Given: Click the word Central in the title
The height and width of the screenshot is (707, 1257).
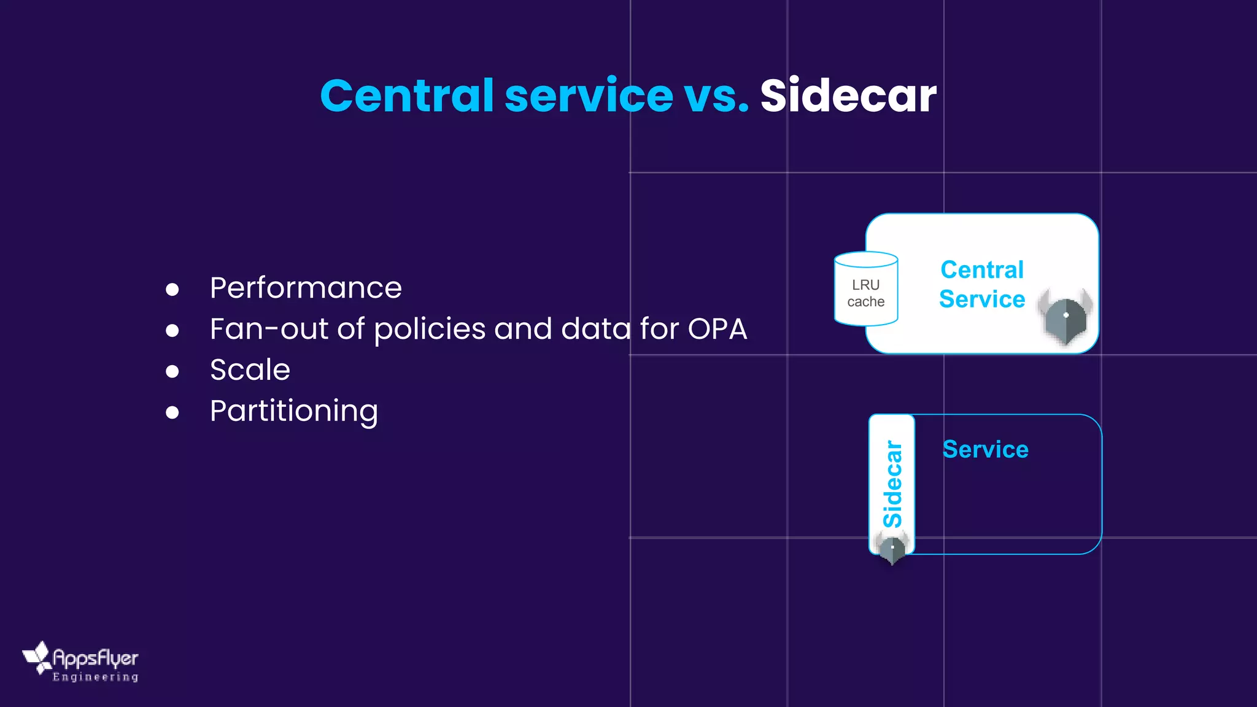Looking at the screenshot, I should [406, 96].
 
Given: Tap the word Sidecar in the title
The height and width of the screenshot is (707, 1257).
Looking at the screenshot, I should [848, 96].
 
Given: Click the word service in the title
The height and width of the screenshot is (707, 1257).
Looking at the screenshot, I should [589, 96].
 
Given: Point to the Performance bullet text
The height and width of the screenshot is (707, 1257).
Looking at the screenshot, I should [306, 288].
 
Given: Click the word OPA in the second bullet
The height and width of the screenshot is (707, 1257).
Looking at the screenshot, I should [717, 329].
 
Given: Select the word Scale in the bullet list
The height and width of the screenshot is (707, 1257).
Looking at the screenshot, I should [250, 370].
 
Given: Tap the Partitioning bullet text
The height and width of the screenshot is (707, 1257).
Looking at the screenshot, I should [293, 411].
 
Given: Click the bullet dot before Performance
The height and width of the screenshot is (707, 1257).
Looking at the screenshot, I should [172, 290].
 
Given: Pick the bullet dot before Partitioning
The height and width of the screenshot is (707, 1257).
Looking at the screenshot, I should [172, 412].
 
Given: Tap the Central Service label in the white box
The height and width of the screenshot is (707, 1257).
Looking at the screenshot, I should [982, 284].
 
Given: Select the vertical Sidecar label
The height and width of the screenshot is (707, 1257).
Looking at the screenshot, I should [892, 484].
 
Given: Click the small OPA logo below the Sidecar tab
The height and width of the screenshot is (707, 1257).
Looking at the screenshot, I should [892, 548].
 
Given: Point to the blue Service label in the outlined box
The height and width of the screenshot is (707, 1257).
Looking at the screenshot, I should [985, 449].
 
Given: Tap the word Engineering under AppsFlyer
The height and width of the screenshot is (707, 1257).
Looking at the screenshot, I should [95, 677].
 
